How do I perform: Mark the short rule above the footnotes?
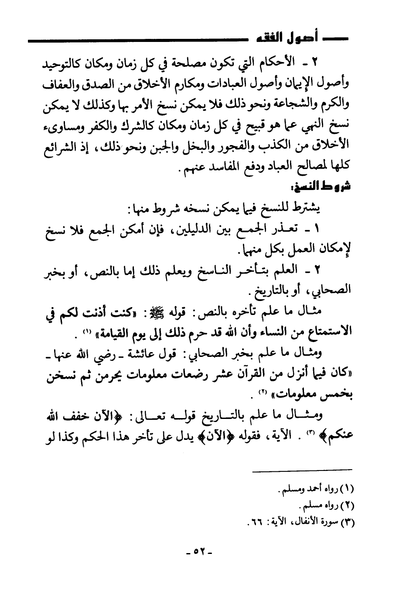pos(303,470)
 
